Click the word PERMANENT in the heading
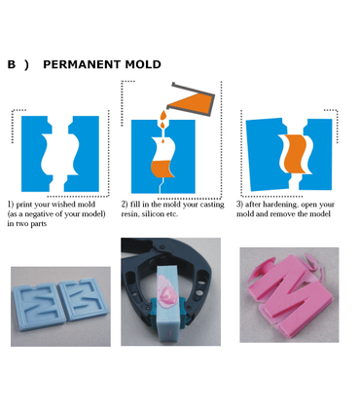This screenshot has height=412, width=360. tap(83, 64)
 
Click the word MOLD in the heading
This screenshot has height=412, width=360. tap(143, 64)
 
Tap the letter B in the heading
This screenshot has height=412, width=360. tap(12, 64)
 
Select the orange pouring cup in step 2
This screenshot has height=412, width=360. tap(192, 100)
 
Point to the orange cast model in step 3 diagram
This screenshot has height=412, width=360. tap(296, 153)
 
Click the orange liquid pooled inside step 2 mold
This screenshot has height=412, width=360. tap(162, 169)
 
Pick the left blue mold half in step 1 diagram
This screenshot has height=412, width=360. tap(36, 154)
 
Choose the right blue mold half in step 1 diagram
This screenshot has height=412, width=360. tap(83, 154)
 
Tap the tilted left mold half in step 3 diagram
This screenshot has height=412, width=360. tap(265, 155)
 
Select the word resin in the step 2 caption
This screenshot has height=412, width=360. tap(129, 214)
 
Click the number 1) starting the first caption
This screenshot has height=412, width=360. tap(11, 205)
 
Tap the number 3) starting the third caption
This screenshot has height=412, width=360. tap(239, 205)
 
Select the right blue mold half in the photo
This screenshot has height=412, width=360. tap(83, 299)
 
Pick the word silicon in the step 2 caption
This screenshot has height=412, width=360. tap(152, 214)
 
